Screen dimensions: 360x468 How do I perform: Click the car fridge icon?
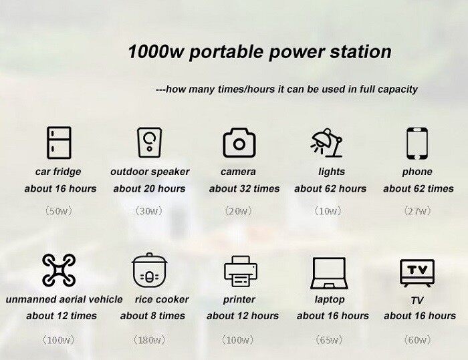tap(59, 143)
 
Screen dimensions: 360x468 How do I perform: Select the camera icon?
tap(239, 143)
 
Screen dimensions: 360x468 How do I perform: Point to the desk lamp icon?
tap(328, 143)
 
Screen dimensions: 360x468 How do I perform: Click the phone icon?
tap(417, 143)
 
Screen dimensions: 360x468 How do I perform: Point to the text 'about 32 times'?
tap(244, 188)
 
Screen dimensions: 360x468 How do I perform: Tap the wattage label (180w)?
tap(149, 340)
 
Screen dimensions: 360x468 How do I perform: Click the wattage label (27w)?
tap(418, 210)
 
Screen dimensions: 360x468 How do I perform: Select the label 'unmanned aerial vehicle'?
tap(64, 299)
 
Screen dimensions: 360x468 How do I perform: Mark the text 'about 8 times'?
tap(152, 315)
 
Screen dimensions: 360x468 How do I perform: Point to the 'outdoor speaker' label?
tap(150, 172)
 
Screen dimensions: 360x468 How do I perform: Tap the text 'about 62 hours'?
tap(330, 188)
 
